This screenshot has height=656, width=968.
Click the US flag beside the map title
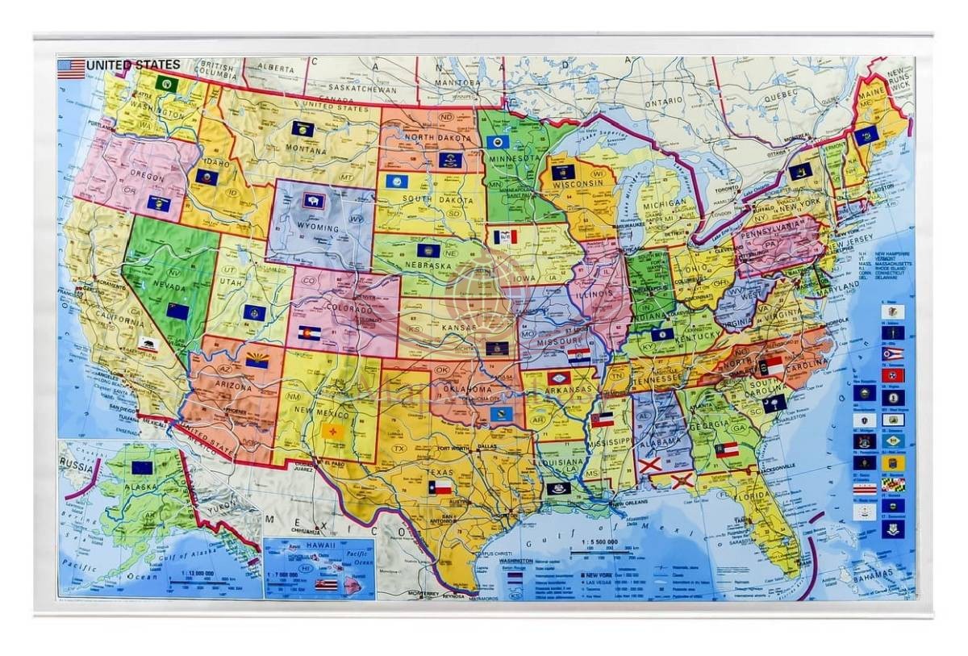71,69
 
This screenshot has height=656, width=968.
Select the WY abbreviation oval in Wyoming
356,219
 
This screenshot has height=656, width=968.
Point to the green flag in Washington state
167,84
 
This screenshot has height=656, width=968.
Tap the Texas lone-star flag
440,487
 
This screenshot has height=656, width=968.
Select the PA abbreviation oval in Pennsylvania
770,241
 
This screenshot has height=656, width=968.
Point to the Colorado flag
309,333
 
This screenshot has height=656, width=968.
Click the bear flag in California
147,344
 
